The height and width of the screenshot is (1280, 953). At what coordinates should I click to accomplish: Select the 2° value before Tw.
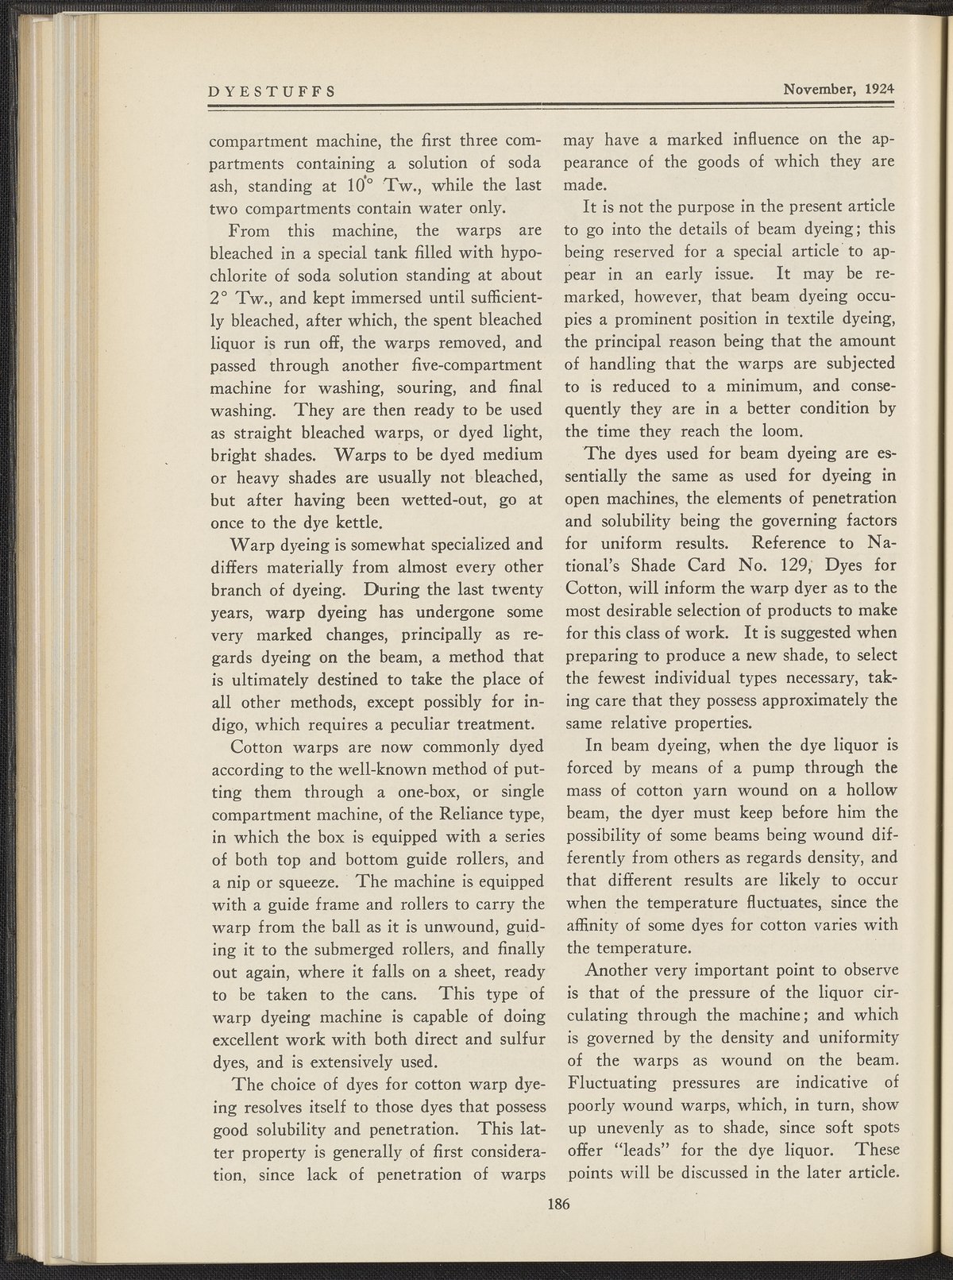pyautogui.click(x=219, y=299)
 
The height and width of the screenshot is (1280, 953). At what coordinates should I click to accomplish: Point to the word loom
pyautogui.click(x=785, y=432)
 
